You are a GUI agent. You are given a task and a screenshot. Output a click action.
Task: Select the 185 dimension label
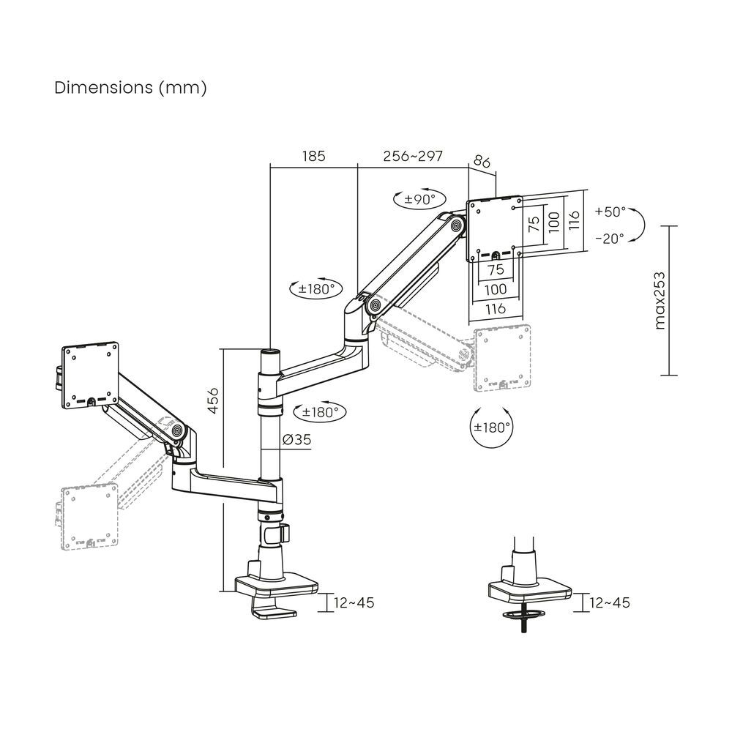[313, 157]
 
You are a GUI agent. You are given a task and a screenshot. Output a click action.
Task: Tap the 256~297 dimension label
[413, 157]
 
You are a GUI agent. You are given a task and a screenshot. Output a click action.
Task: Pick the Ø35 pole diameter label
[296, 441]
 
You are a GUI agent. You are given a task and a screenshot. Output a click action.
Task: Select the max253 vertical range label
[660, 300]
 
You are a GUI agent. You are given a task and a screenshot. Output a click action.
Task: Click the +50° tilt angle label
[610, 212]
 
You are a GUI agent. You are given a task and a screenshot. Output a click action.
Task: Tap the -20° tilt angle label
[610, 238]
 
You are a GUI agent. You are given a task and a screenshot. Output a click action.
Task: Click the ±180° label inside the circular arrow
[492, 427]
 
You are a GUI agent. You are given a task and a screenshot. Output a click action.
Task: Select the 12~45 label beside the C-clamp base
[354, 602]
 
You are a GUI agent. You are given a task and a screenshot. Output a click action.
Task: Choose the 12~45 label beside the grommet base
[609, 602]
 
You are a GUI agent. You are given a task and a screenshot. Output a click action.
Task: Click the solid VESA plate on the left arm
[91, 374]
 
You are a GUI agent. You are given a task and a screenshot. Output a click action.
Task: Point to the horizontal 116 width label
[495, 309]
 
